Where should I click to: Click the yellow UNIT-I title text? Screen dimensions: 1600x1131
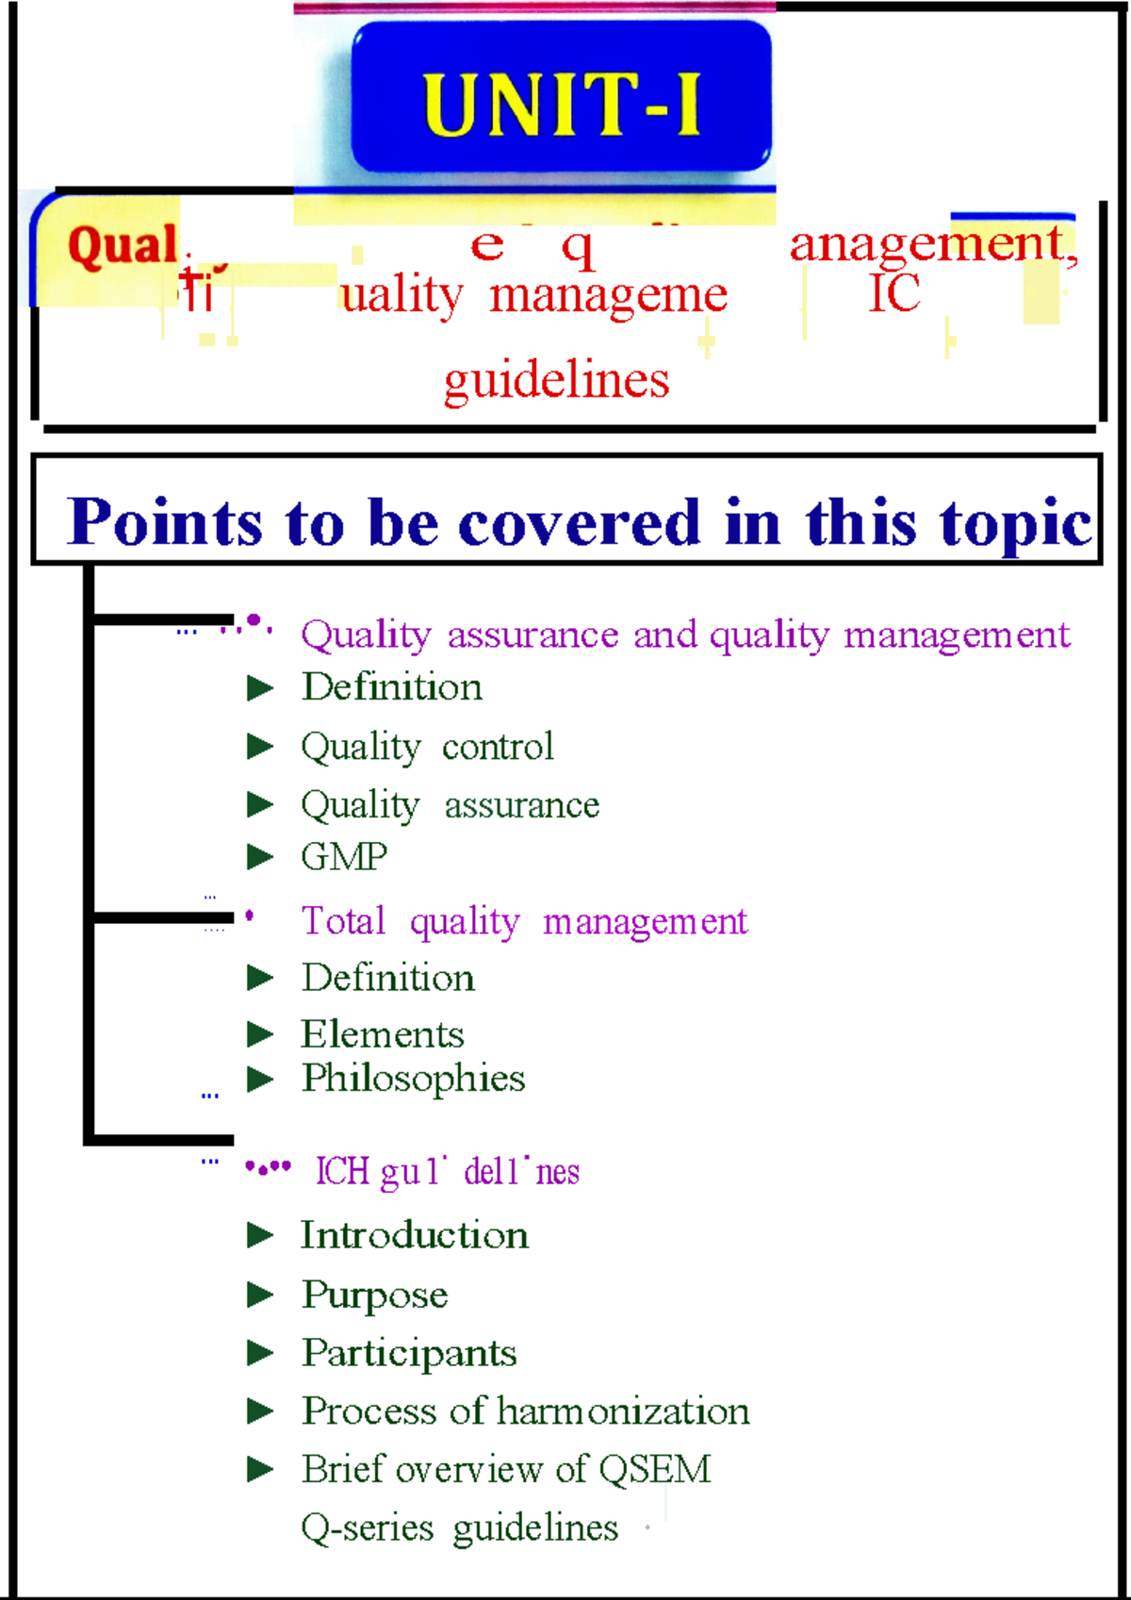[562, 105]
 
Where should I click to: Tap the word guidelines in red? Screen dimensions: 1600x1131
[556, 381]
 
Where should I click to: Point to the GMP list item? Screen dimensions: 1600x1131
[344, 857]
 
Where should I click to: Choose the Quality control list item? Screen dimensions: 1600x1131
[427, 747]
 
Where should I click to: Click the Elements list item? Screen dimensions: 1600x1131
[383, 1034]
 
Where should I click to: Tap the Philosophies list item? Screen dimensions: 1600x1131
[413, 1079]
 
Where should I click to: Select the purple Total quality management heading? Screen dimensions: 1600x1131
[524, 921]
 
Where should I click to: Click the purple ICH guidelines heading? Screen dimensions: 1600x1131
[447, 1172]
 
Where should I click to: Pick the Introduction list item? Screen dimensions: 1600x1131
[415, 1235]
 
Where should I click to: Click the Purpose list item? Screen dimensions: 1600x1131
[374, 1295]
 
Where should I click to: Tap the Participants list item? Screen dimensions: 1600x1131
[409, 1354]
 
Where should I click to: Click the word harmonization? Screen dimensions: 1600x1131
[623, 1411]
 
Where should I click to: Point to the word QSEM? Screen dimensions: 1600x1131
[654, 1469]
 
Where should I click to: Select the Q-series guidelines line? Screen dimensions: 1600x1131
[459, 1527]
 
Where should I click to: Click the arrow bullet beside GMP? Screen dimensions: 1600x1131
[260, 857]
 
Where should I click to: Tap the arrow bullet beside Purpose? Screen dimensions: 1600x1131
[260, 1295]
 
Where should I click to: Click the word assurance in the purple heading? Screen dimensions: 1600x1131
[533, 635]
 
